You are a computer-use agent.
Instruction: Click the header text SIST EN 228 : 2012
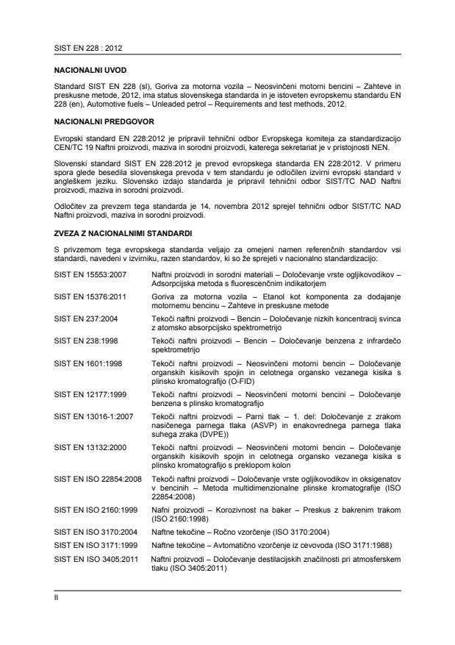tap(82, 48)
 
